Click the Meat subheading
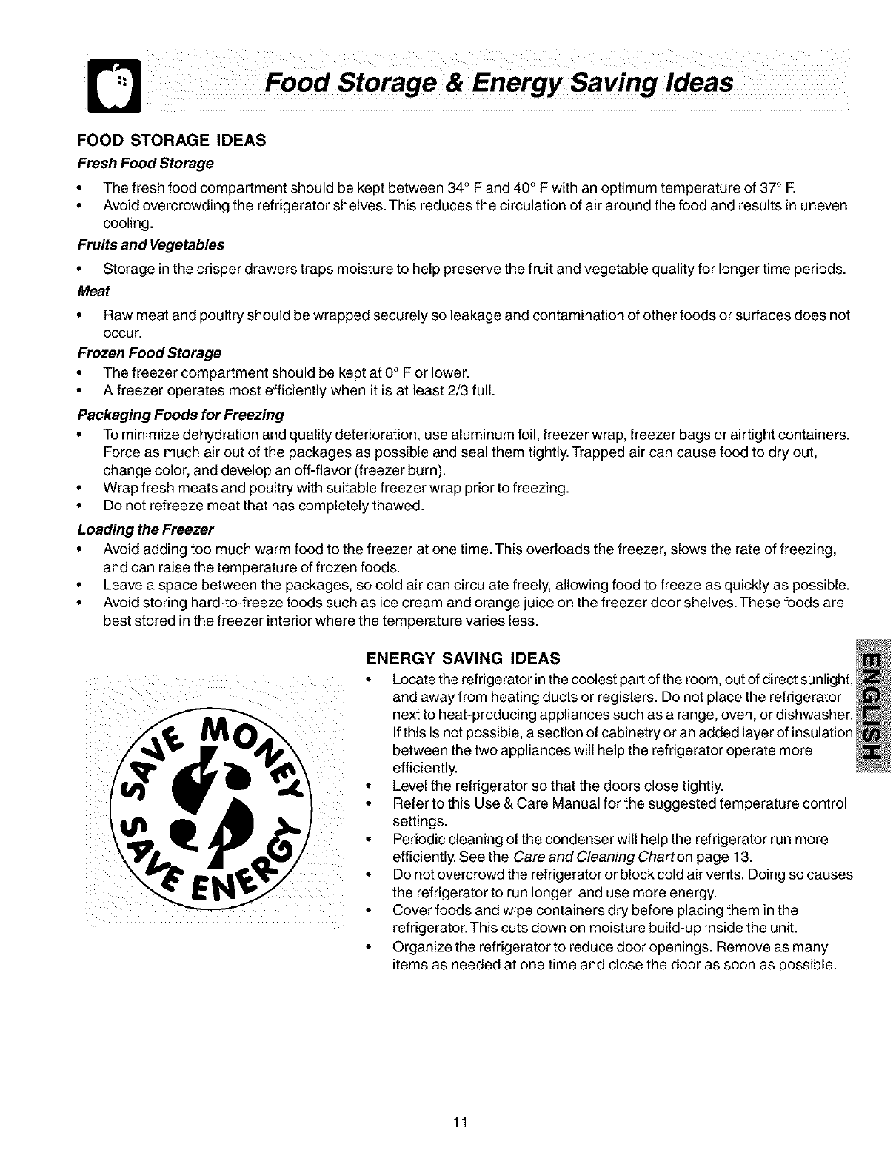[x=90, y=290]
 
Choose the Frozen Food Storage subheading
[x=149, y=352]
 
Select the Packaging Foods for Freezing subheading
[x=181, y=413]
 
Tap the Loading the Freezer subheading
[x=145, y=530]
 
